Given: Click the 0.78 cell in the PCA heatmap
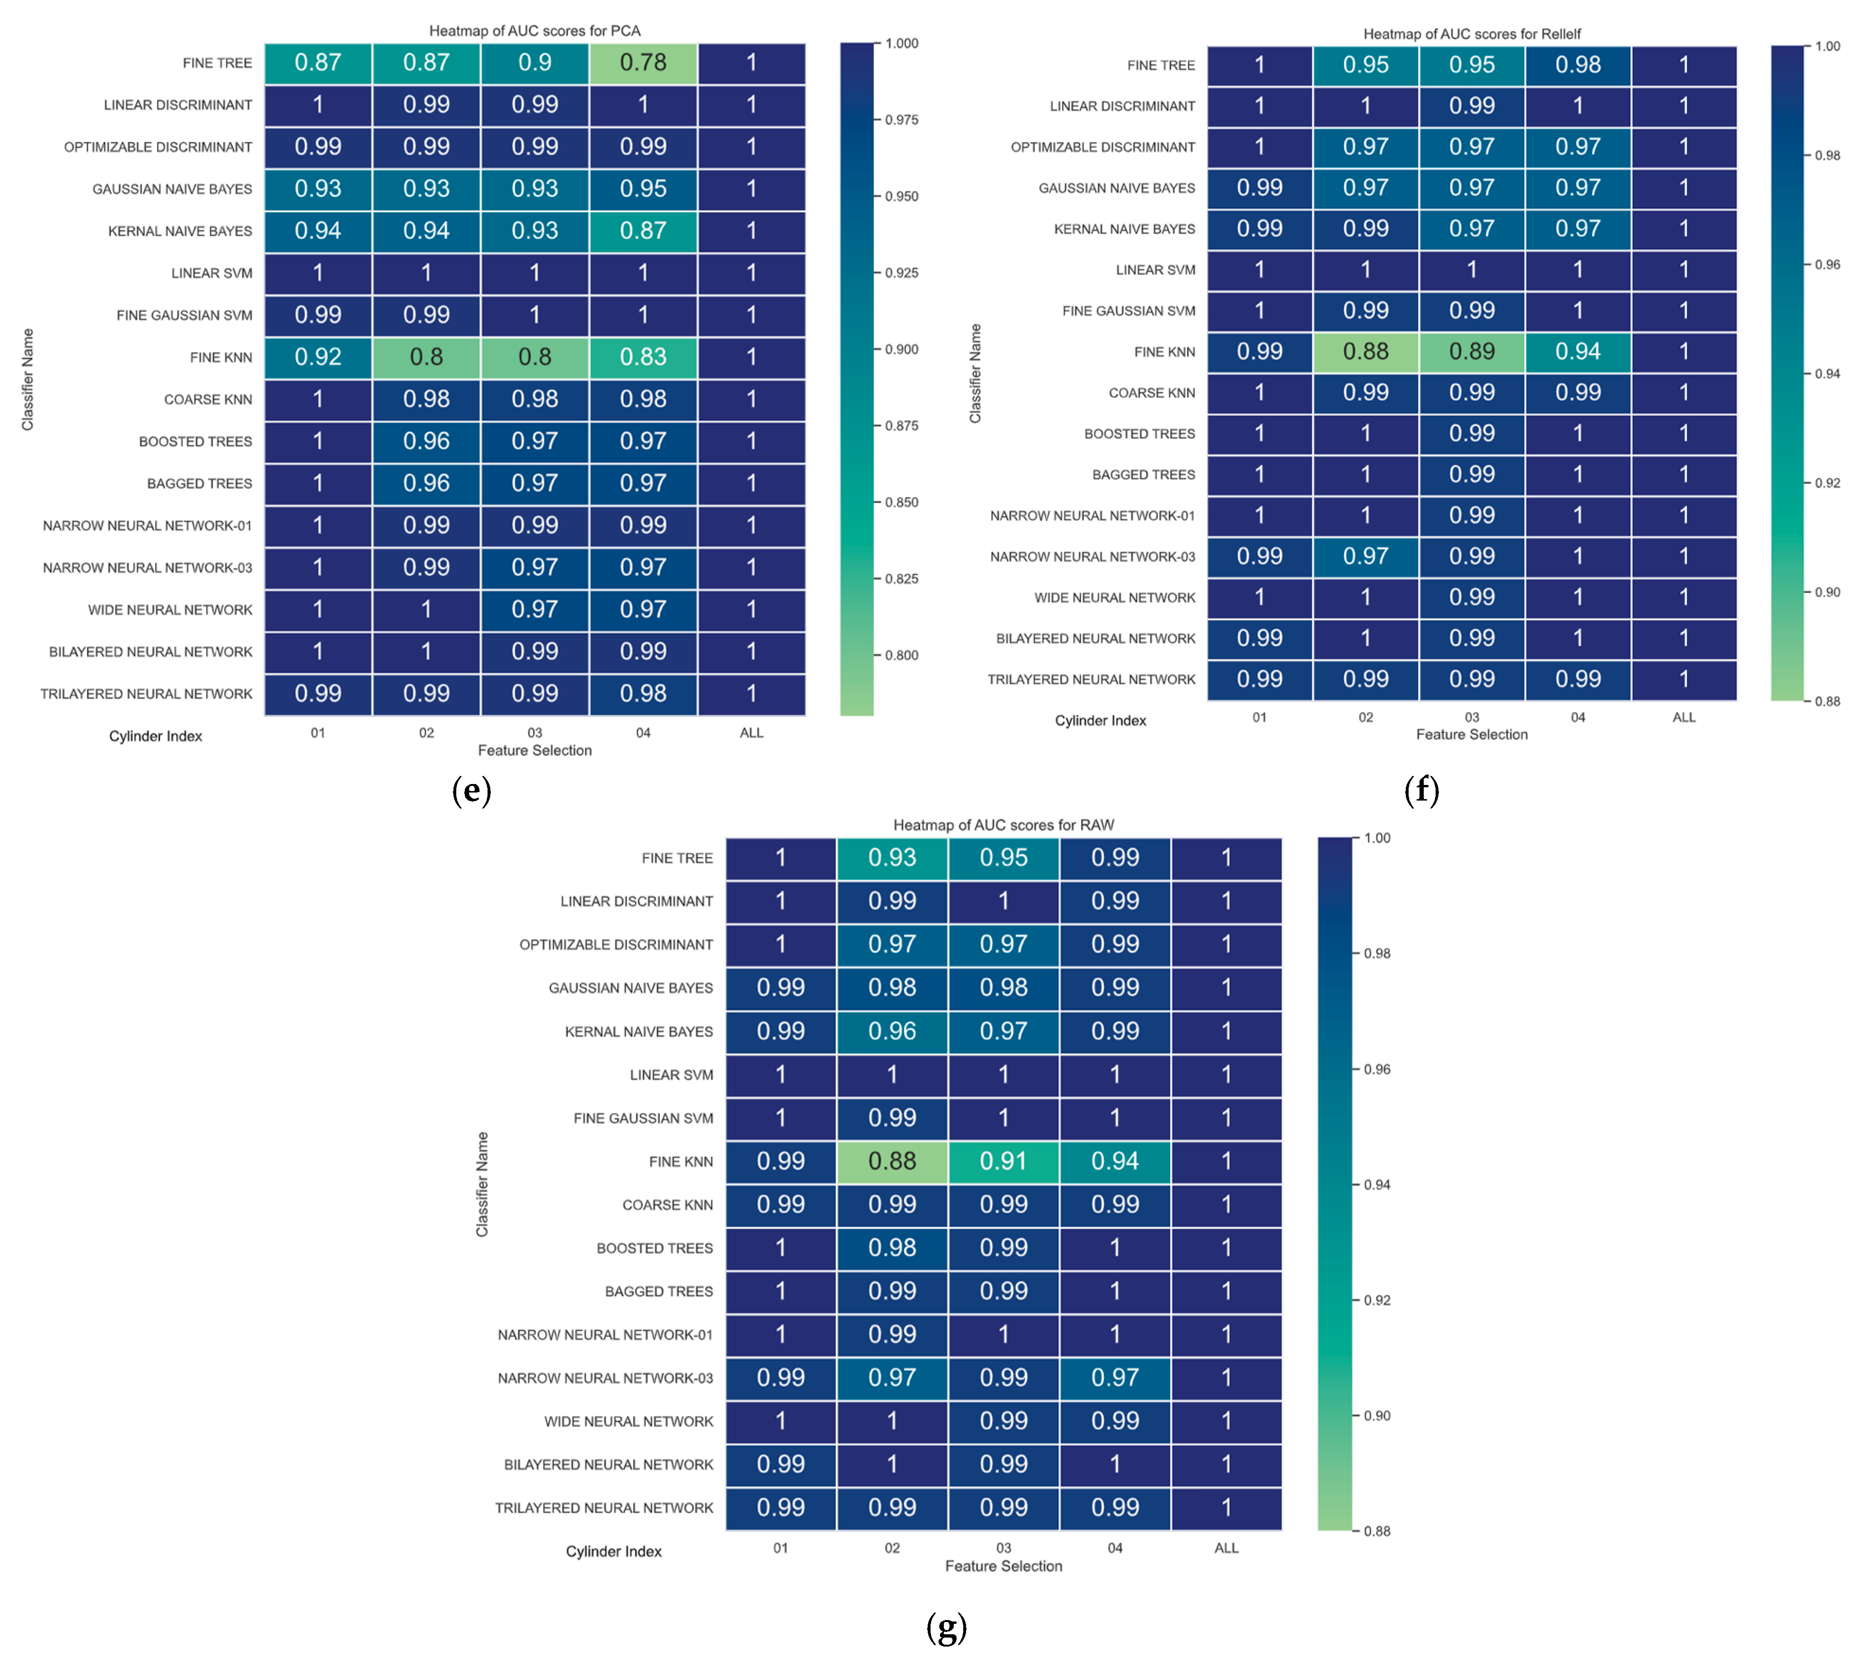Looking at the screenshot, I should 643,63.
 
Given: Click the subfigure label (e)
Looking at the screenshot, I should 471,790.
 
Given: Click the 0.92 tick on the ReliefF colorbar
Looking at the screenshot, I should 1827,483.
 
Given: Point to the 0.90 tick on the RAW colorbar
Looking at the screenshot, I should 1376,1416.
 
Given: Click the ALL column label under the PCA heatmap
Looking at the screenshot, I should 751,733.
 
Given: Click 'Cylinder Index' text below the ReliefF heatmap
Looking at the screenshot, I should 1100,720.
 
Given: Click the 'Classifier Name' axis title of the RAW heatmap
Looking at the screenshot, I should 482,1184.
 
